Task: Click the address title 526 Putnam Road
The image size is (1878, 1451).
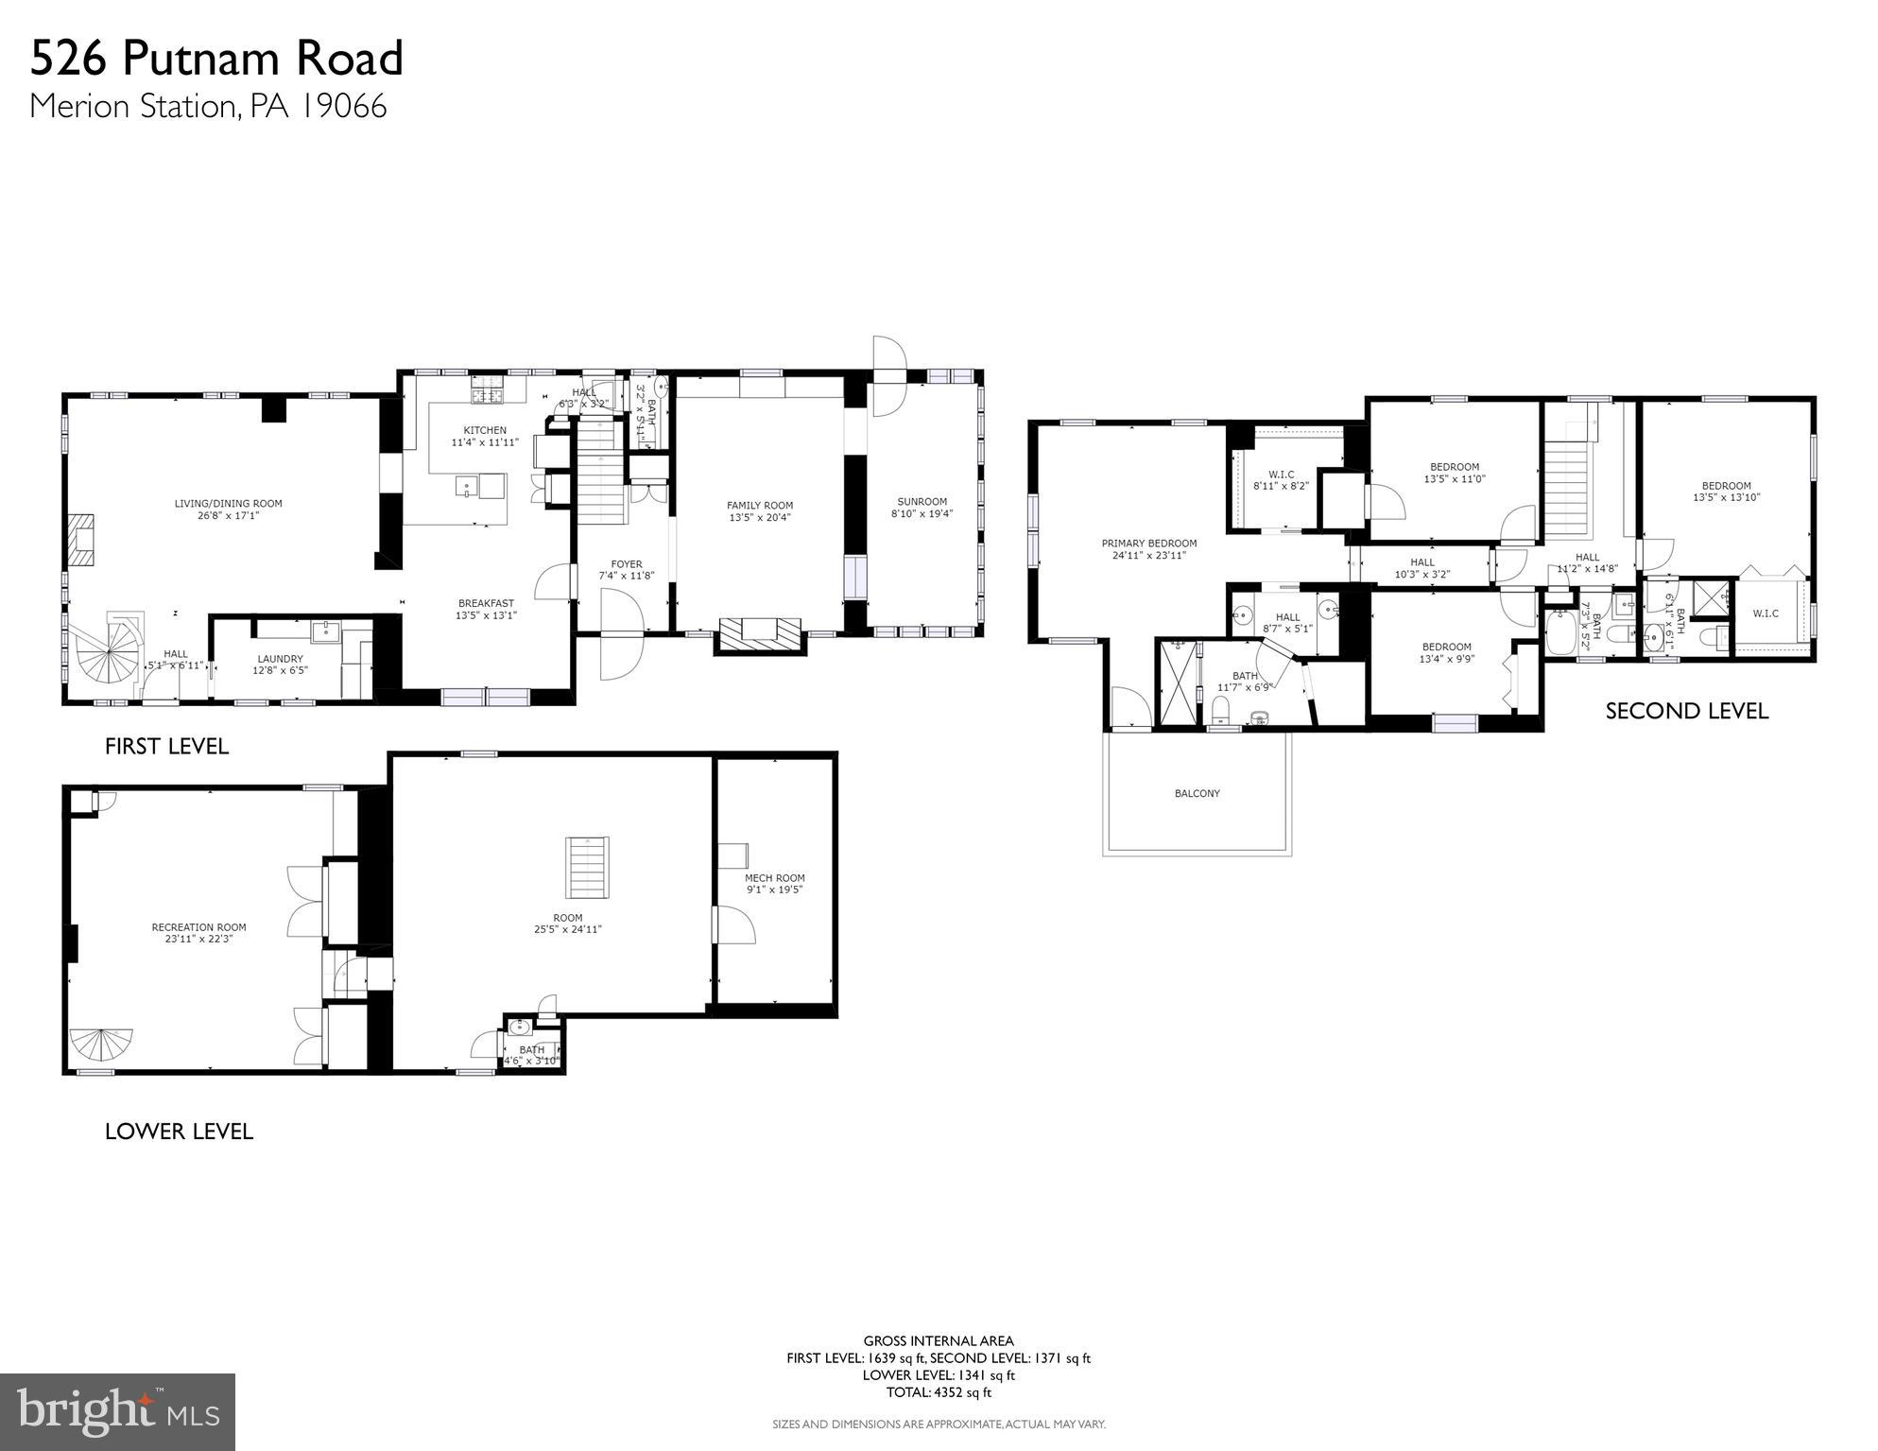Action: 216,59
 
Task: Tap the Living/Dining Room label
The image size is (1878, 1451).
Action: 228,504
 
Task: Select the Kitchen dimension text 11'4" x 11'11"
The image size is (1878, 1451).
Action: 485,442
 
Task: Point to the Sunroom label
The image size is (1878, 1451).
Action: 922,502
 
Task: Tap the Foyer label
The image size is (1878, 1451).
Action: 626,564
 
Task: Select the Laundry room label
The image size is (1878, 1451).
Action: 280,659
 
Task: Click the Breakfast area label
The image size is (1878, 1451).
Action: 486,603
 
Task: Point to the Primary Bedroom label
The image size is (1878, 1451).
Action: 1148,544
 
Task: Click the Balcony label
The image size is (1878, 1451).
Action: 1197,793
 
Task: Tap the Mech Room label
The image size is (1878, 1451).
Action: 774,878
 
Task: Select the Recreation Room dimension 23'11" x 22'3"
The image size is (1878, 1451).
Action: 198,939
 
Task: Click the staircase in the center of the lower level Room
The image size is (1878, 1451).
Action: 588,868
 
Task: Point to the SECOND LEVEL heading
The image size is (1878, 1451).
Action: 1686,711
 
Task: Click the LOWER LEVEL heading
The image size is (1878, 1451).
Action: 179,1131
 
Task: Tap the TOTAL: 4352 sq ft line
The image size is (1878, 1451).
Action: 938,1392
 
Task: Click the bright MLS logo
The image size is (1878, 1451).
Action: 117,1412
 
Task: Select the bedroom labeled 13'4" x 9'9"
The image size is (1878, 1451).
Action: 1446,648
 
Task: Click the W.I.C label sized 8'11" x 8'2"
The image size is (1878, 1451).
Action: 1281,475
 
